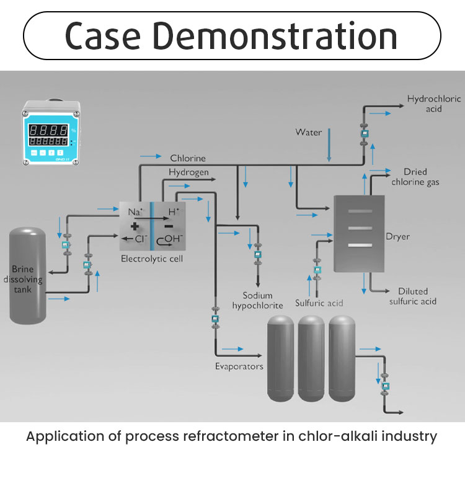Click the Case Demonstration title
231,36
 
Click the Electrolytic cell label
152,258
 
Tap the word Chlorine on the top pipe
188,159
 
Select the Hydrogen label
188,172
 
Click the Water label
308,132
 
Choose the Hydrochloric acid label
425,104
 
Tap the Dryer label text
397,236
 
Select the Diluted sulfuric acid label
413,296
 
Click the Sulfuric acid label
319,304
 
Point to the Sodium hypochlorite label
257,301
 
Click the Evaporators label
239,366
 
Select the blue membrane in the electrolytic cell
151,226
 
